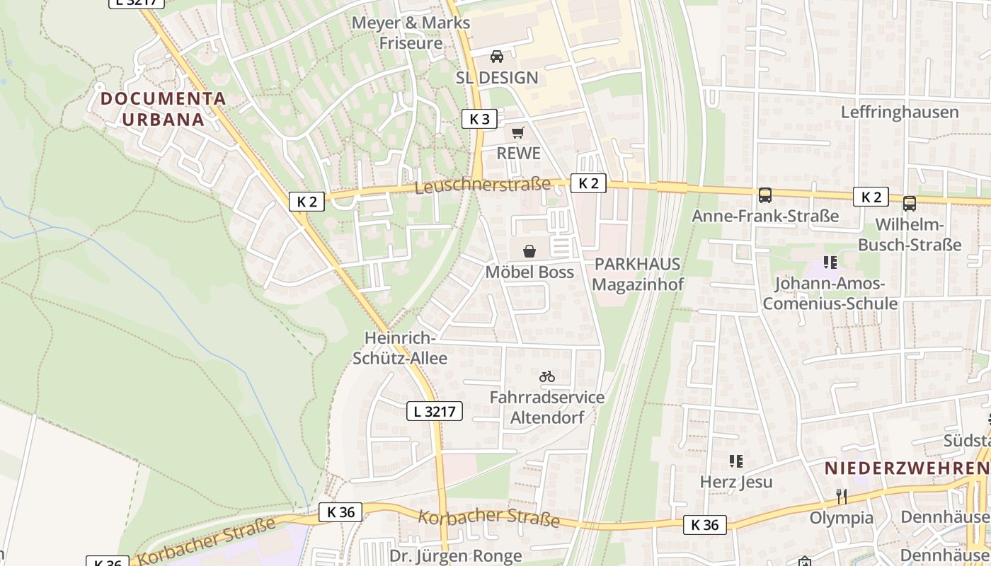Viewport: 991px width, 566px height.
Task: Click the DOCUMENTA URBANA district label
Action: pos(163,109)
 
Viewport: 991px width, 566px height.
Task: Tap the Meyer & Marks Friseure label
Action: pos(411,33)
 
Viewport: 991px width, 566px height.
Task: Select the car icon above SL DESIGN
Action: pos(497,57)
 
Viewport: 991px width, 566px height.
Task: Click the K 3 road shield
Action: pos(479,119)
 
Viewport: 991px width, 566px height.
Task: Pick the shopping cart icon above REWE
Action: pos(518,132)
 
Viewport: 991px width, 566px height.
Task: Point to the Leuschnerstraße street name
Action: pos(482,185)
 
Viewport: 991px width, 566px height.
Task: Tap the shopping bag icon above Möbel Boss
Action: pos(529,251)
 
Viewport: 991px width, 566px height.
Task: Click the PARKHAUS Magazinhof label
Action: pos(637,275)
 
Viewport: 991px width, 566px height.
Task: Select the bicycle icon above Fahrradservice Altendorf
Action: pos(546,376)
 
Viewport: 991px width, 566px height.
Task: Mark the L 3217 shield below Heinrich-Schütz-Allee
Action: pos(435,411)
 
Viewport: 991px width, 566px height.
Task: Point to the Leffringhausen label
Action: pos(900,112)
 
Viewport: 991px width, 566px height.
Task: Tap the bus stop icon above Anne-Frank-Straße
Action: pos(764,195)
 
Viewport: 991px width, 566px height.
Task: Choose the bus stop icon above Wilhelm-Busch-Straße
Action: pos(910,204)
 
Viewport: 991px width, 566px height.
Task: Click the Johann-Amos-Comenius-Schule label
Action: pos(830,294)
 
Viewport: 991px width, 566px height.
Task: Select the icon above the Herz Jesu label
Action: pos(736,461)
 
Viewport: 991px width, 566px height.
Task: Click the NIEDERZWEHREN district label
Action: pos(906,468)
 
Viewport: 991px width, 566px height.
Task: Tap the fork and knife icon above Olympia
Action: pos(841,497)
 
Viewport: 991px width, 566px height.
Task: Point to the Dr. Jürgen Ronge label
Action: pos(455,555)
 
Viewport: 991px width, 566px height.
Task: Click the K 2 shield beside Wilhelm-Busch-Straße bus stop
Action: pos(870,197)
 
